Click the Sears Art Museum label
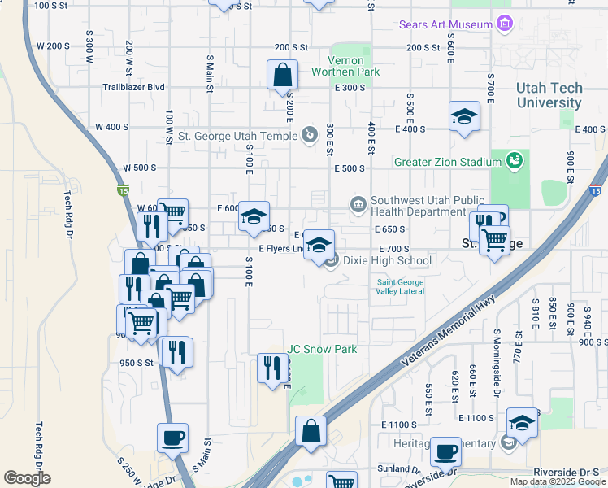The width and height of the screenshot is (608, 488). click(x=445, y=24)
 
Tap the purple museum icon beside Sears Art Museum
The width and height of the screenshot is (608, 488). click(x=505, y=24)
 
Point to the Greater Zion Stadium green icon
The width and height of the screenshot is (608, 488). click(x=514, y=161)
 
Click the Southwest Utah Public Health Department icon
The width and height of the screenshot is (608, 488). click(x=357, y=203)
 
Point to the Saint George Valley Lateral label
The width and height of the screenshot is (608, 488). click(x=400, y=287)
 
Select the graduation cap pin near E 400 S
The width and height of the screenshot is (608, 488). click(x=463, y=115)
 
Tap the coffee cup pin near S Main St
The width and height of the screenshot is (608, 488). click(x=172, y=438)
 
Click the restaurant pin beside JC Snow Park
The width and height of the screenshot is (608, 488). click(x=269, y=368)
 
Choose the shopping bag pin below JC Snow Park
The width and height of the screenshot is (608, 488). click(x=311, y=431)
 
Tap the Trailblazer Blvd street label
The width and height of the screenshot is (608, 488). click(x=134, y=87)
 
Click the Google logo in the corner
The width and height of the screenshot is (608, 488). click(x=27, y=478)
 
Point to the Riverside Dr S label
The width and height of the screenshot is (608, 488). click(x=566, y=472)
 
